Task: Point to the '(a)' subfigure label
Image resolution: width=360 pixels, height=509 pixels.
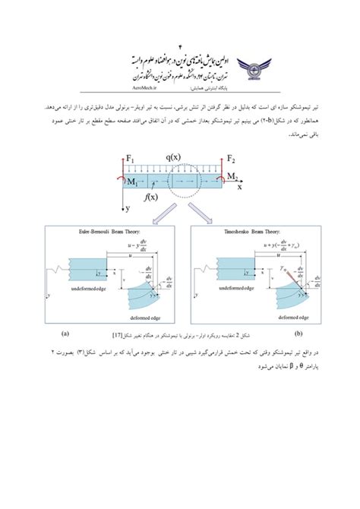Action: point(67,333)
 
